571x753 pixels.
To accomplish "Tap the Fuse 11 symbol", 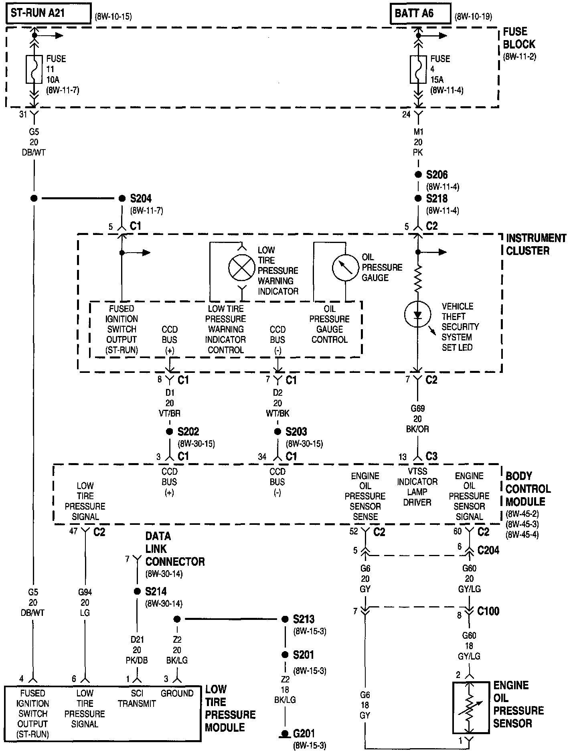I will [34, 69].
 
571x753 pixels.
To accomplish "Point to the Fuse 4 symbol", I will [418, 69].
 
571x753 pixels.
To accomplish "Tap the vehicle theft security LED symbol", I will [418, 314].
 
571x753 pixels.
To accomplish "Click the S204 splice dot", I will [122, 198].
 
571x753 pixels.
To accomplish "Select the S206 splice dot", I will [418, 174].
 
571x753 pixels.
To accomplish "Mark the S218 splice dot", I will [418, 198].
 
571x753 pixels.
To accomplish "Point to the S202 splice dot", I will [169, 432].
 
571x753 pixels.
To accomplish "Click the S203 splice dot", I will [277, 432].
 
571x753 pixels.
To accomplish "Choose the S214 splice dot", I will [137, 591].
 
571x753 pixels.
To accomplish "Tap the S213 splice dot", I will [285, 619].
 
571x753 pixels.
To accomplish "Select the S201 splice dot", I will [285, 655].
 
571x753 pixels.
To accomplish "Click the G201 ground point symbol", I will [285, 734].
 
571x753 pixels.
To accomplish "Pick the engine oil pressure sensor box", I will [470, 708].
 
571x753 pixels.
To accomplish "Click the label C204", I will [488, 550].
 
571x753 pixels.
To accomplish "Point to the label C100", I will [488, 611].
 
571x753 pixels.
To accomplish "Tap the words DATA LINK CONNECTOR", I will [175, 549].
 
